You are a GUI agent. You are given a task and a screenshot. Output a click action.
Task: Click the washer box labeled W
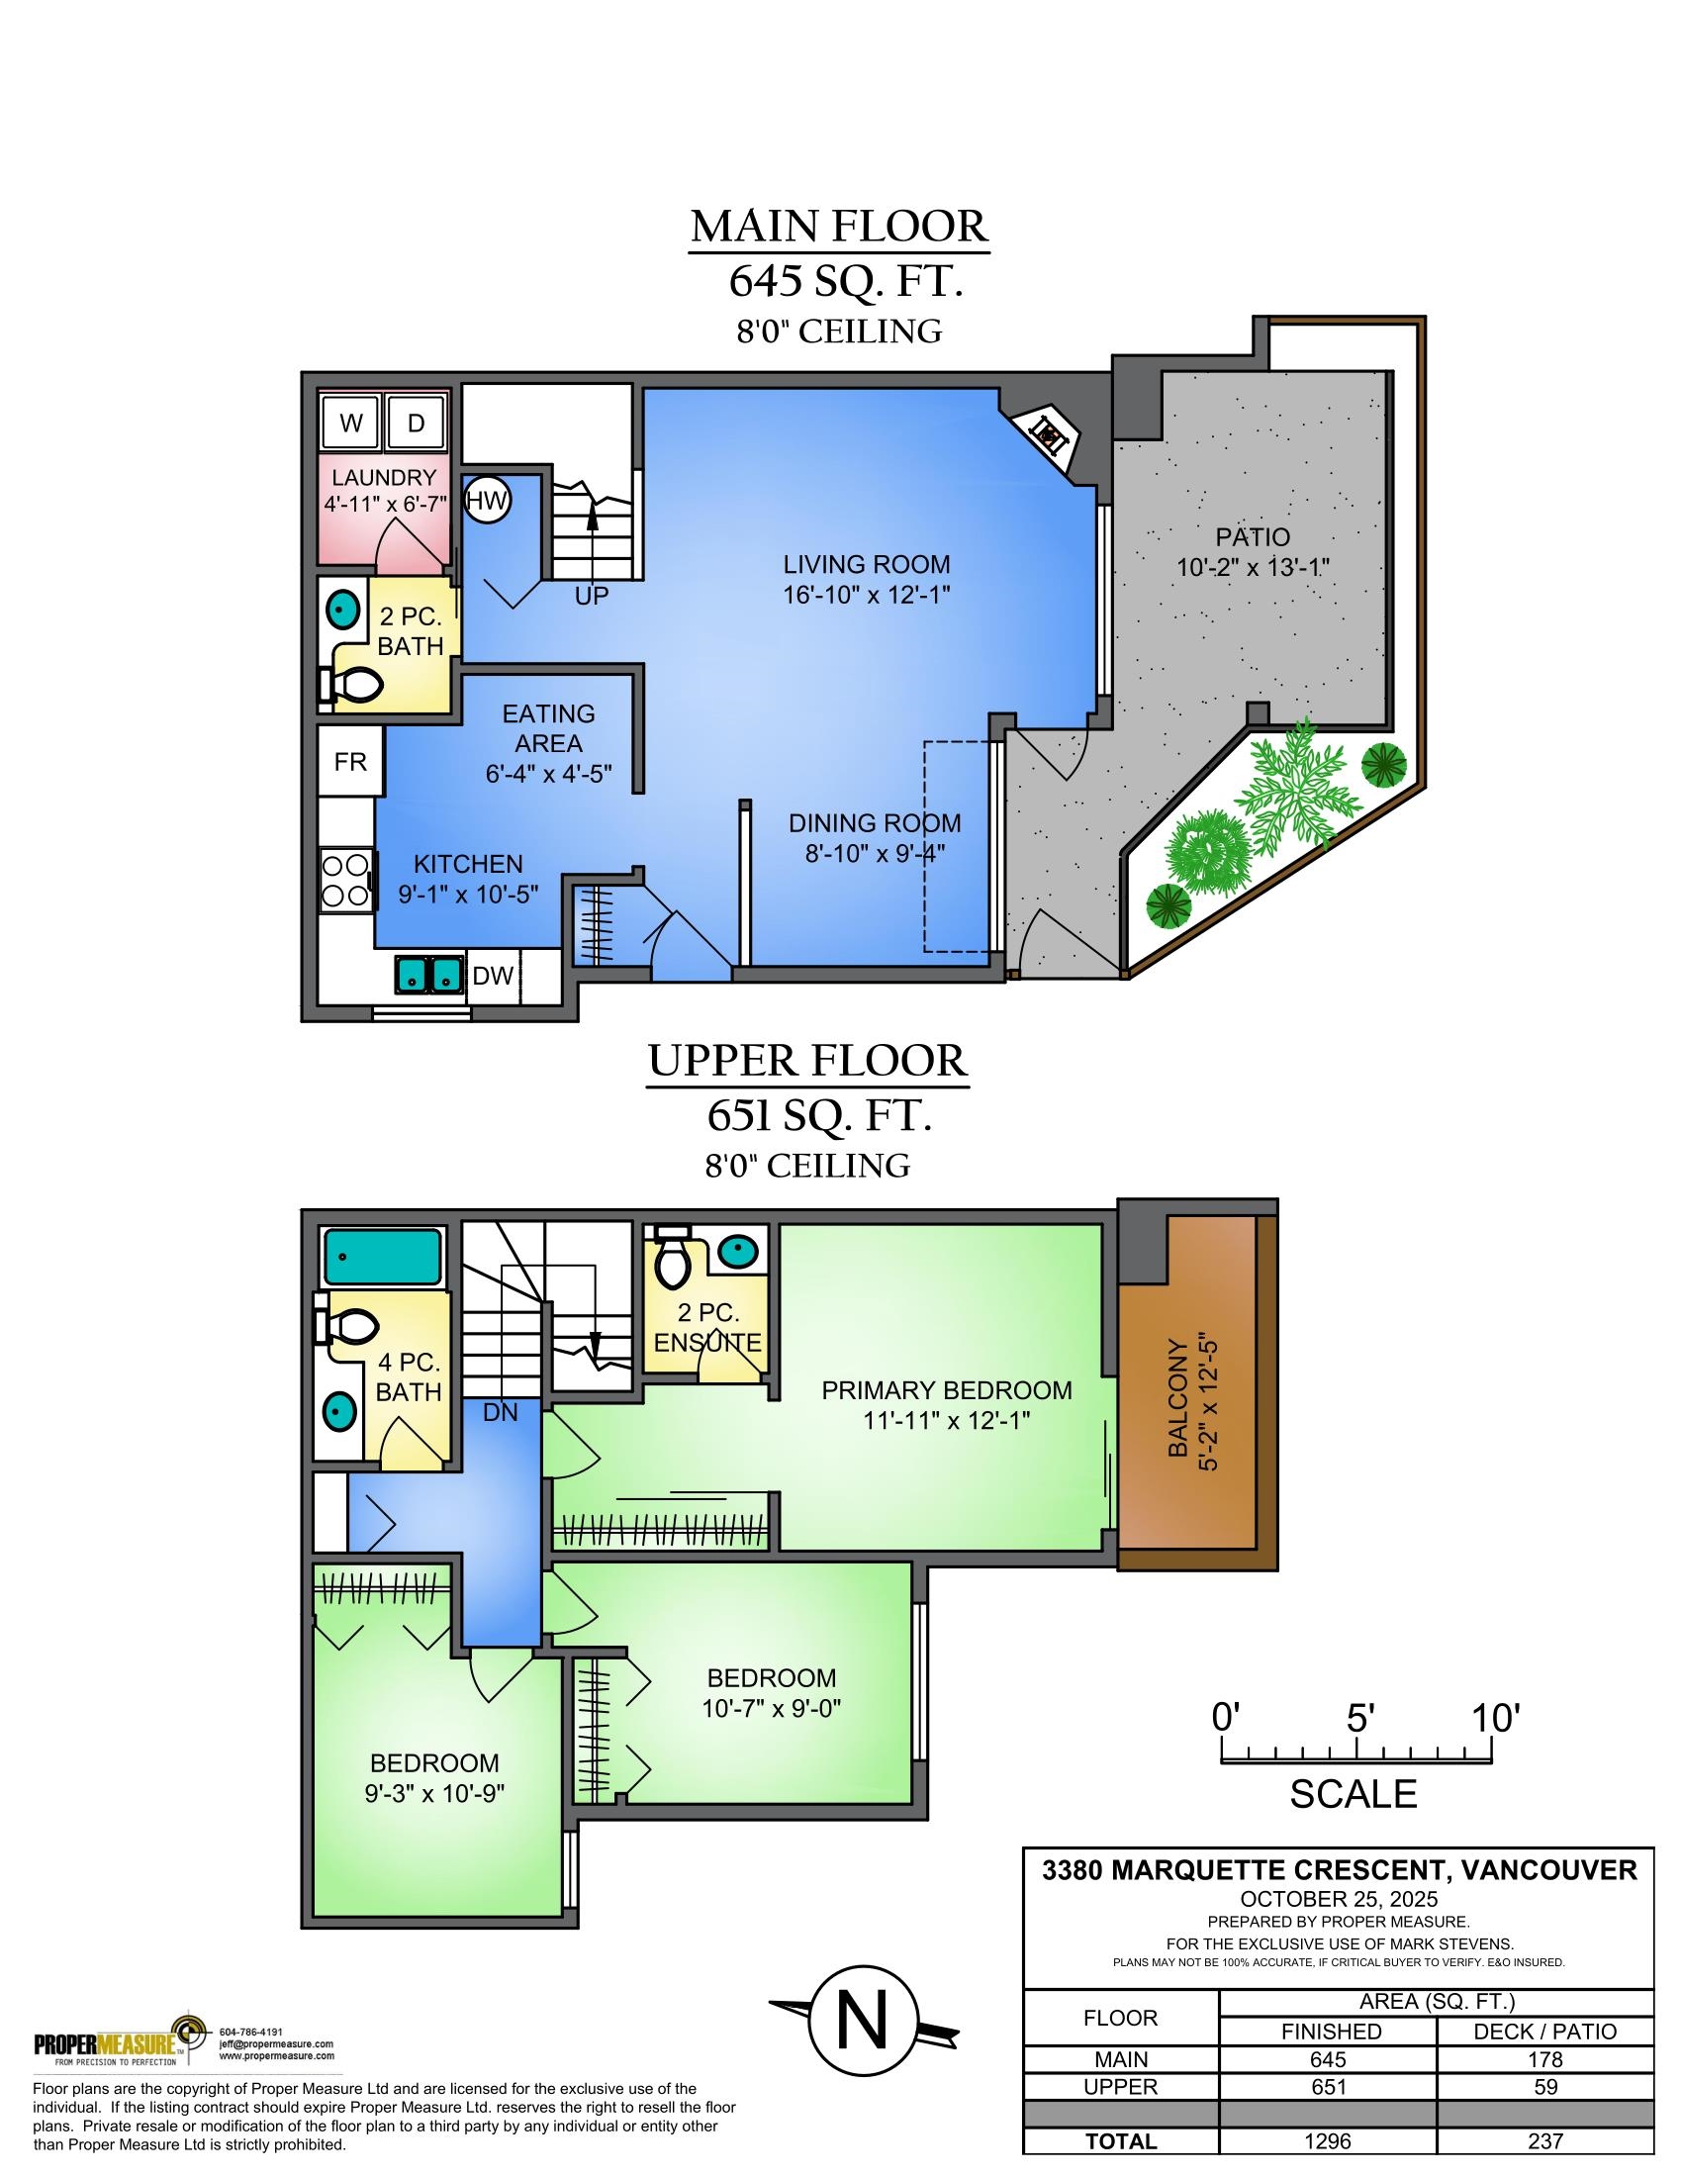(x=352, y=423)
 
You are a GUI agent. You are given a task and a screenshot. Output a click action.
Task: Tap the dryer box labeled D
(x=416, y=423)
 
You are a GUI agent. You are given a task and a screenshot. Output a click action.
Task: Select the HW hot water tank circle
(x=487, y=501)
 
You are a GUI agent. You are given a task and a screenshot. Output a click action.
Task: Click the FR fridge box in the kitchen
(x=349, y=762)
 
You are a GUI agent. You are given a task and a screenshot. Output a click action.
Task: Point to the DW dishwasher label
(x=493, y=975)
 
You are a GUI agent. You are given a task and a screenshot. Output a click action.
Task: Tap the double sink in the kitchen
(x=429, y=974)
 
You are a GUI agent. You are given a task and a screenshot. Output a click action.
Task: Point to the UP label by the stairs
(x=591, y=596)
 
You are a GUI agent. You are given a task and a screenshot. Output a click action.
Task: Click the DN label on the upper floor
(x=501, y=1412)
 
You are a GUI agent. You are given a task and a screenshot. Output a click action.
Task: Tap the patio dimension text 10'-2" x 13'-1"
(x=1253, y=567)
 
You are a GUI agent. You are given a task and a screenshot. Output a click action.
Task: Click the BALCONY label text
(x=1177, y=1397)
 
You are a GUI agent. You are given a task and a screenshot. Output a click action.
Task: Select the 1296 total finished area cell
(x=1328, y=2141)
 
